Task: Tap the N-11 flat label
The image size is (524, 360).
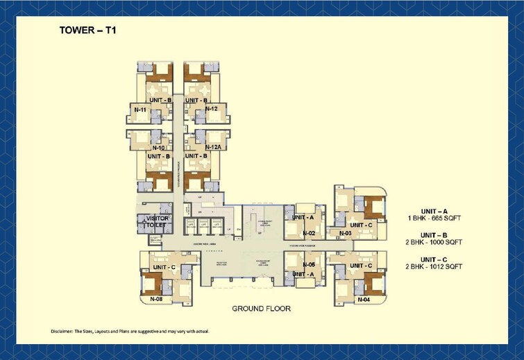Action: point(139,110)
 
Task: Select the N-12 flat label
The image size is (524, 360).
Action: point(212,109)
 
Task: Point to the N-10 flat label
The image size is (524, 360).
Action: point(157,148)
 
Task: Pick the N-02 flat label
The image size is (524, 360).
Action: point(309,234)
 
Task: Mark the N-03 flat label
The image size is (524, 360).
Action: point(345,234)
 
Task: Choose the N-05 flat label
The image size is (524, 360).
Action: point(309,265)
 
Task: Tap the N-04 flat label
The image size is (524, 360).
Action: point(364,300)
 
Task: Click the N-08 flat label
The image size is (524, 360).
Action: point(156,300)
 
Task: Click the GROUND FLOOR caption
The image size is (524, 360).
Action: point(261,309)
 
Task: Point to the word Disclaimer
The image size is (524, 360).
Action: point(65,331)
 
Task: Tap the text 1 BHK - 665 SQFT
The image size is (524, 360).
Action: point(434,218)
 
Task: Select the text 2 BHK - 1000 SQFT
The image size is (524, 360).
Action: point(434,242)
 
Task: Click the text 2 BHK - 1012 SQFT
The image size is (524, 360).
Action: point(434,266)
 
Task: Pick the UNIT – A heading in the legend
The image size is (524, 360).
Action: point(434,210)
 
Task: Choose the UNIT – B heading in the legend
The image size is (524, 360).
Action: point(434,234)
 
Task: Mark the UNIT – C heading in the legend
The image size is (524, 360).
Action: point(434,259)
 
